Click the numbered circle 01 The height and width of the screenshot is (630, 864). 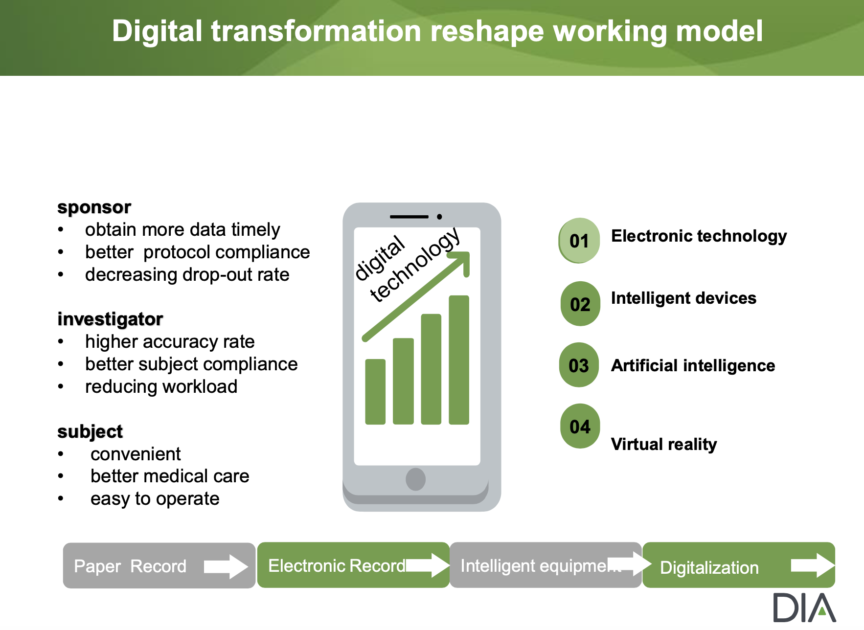click(x=579, y=241)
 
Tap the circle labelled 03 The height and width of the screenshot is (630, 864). click(x=579, y=365)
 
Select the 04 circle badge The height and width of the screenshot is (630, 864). click(x=580, y=426)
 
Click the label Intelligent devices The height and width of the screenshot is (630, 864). click(x=683, y=298)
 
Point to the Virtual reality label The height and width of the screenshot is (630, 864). click(x=664, y=444)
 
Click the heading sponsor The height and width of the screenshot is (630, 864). click(x=94, y=207)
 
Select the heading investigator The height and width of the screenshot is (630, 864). click(x=110, y=319)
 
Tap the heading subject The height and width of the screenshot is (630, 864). click(x=90, y=432)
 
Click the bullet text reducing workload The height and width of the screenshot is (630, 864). click(x=161, y=386)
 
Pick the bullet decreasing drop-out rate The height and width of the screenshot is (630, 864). click(x=187, y=274)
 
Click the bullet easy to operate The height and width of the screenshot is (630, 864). click(x=155, y=499)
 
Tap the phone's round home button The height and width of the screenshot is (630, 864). click(x=415, y=479)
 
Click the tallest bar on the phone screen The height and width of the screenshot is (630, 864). click(x=459, y=360)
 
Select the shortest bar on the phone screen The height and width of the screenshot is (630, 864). click(x=375, y=392)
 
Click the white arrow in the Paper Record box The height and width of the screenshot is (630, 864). click(x=226, y=566)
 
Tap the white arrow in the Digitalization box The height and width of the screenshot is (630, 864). click(x=813, y=565)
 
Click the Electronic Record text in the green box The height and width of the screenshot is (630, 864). click(x=337, y=566)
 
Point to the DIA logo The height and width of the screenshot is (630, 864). click(x=804, y=607)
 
